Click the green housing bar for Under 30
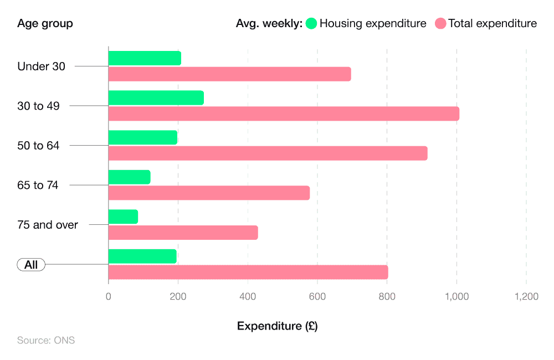145,58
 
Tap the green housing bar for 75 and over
123,217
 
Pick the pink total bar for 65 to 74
209,193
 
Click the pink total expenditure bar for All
248,272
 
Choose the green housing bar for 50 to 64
143,137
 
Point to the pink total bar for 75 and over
183,233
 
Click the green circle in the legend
311,23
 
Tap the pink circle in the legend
440,23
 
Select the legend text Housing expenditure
373,23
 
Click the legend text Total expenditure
493,23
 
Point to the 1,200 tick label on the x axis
526,297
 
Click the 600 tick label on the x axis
317,297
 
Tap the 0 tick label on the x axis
109,297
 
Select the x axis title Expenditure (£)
277,326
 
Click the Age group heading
45,23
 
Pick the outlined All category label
31,265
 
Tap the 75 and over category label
48,225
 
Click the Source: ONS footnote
46,340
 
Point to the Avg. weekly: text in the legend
269,23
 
